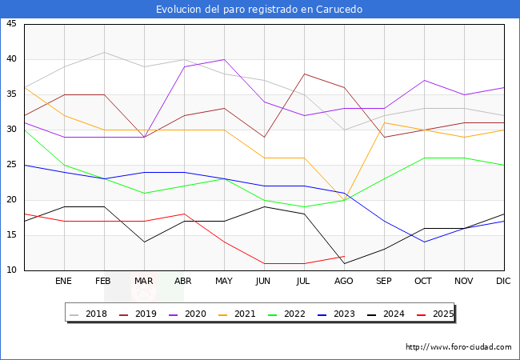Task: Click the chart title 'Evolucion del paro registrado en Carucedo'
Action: click(x=259, y=10)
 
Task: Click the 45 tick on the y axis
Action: click(x=11, y=24)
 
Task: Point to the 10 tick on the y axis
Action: click(x=11, y=270)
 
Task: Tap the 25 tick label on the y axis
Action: click(x=11, y=165)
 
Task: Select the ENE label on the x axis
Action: click(x=64, y=282)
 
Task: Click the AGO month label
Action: click(x=344, y=282)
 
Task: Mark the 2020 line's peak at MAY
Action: click(x=224, y=59)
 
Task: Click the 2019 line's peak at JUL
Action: click(x=304, y=74)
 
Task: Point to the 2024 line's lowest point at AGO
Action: click(x=344, y=263)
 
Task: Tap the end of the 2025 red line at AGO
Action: click(x=344, y=256)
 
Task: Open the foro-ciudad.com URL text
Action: click(x=458, y=347)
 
